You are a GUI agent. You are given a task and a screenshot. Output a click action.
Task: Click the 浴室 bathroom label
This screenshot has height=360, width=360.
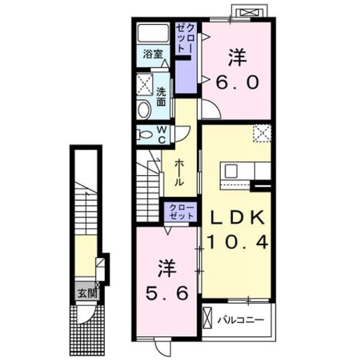click(153, 54)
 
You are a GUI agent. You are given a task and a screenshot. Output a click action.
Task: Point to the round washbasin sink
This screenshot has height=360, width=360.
click(144, 110)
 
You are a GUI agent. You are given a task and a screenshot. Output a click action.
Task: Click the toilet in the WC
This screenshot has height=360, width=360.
click(144, 134)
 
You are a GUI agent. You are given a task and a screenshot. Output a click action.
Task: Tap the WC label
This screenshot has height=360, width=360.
click(162, 135)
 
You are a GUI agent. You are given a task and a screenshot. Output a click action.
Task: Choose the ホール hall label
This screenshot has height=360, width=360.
click(179, 173)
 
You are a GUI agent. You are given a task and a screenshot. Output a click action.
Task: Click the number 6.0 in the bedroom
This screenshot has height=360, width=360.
click(237, 82)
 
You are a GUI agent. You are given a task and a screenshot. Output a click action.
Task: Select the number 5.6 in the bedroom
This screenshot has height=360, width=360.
click(167, 293)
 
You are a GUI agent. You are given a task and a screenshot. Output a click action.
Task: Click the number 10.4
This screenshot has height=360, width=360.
click(237, 242)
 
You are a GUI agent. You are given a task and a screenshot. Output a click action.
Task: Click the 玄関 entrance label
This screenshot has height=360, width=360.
click(87, 293)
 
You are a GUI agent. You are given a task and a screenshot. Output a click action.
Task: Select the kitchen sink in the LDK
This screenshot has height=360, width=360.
click(231, 171)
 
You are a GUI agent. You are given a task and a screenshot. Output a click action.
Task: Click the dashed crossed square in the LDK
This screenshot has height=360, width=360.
click(262, 134)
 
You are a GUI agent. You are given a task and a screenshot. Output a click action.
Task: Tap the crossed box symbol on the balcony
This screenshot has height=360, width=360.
click(208, 319)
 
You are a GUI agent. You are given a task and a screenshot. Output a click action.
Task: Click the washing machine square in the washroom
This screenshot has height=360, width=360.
click(145, 84)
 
